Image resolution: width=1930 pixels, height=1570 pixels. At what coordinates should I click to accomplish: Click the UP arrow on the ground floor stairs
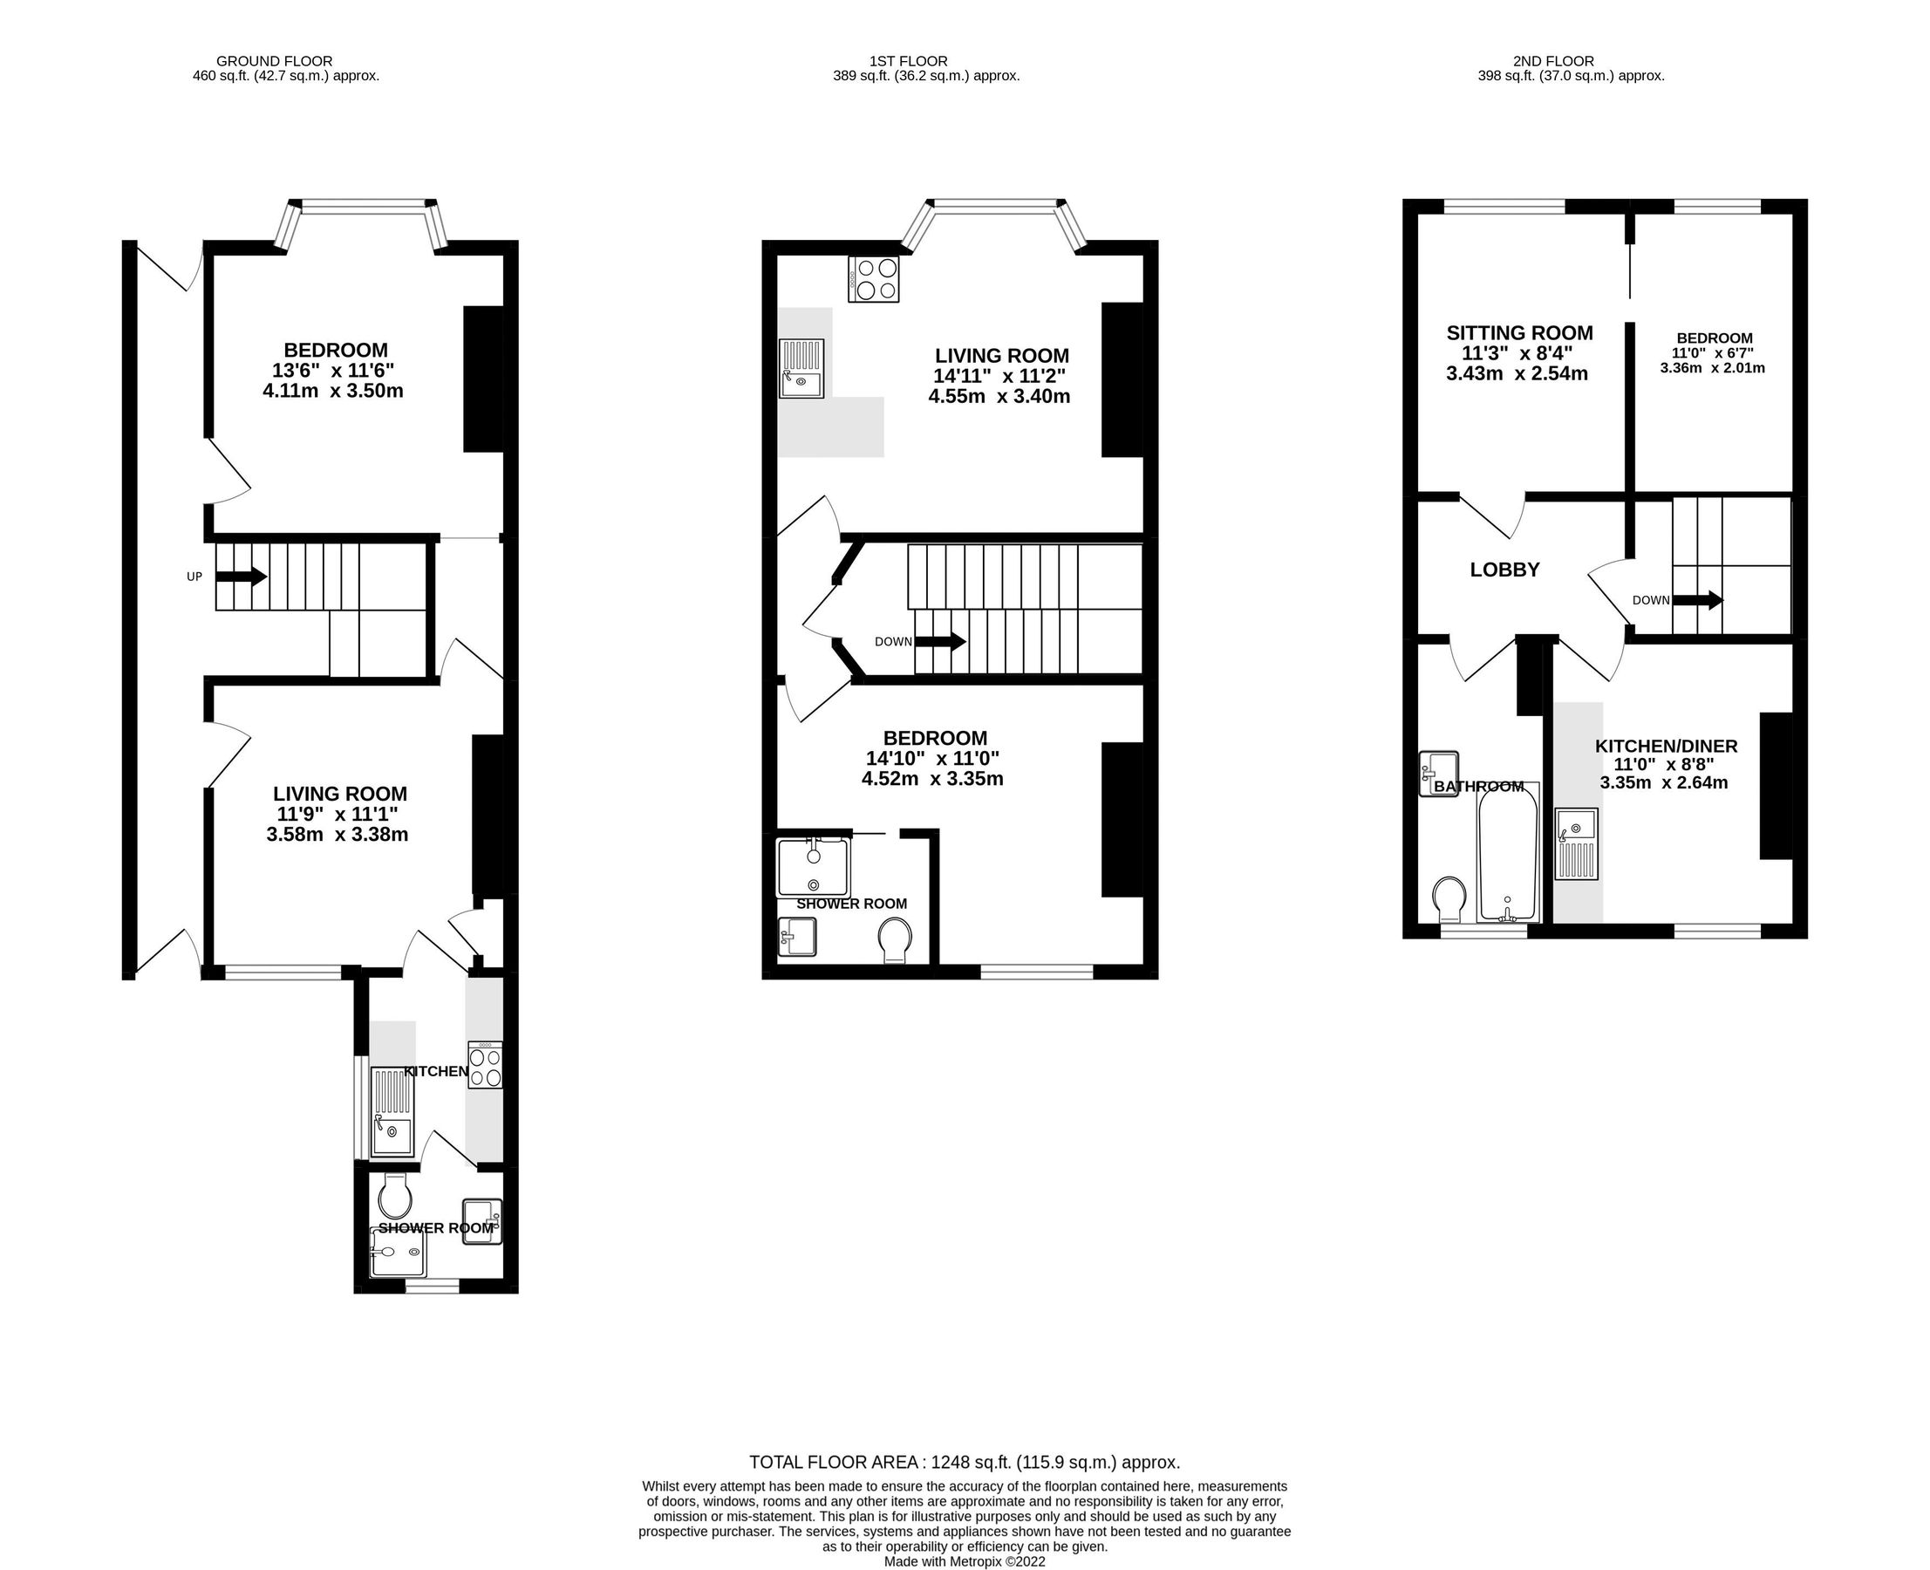point(241,576)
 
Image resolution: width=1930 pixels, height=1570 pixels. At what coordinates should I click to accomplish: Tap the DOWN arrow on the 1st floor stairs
point(941,641)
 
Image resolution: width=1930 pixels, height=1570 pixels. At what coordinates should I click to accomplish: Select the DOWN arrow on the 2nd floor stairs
point(1697,599)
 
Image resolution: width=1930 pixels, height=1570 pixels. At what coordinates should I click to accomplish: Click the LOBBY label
point(1504,570)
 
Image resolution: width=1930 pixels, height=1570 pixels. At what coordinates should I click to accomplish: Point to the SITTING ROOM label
point(1519,333)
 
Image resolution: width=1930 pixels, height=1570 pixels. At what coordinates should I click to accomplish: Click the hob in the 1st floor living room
point(874,279)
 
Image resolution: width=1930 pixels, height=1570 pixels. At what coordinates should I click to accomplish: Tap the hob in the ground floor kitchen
point(485,1066)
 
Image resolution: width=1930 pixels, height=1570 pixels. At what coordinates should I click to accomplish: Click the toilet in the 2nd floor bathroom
point(1449,898)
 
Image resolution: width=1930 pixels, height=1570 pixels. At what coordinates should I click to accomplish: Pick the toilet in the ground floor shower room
point(395,1196)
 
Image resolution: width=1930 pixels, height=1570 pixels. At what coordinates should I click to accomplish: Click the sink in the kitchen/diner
point(1578,843)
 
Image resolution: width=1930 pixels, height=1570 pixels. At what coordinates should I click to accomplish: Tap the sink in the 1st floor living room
point(801,368)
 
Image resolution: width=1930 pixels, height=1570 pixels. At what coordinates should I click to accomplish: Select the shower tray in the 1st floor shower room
point(813,866)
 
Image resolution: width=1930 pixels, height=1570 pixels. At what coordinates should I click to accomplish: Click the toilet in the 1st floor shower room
point(896,940)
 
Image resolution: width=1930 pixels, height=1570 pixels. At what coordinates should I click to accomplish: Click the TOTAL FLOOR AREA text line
point(964,1463)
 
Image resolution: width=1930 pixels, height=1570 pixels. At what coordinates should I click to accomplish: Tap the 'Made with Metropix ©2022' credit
point(964,1561)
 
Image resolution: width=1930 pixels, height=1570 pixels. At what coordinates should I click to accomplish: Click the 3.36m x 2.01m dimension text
point(1712,368)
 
